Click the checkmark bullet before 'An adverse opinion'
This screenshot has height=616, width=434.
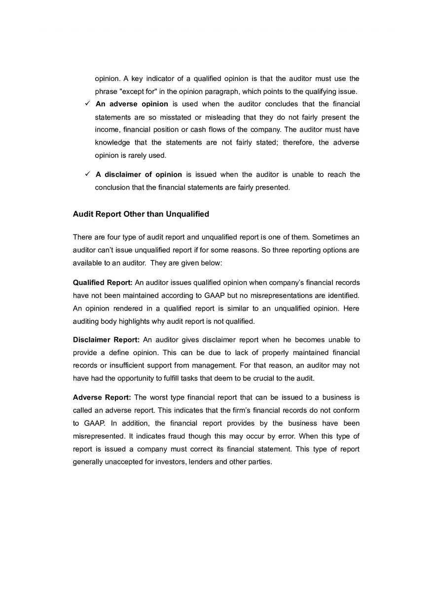tap(87, 104)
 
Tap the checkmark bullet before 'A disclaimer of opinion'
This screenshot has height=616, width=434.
tap(87, 174)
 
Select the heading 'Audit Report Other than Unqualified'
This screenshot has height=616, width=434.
tap(141, 214)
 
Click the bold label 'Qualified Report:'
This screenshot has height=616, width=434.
tap(103, 283)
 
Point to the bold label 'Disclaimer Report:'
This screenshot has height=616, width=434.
tap(106, 340)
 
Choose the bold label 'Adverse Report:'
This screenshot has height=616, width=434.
tap(102, 397)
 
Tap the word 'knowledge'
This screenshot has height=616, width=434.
tap(112, 142)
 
